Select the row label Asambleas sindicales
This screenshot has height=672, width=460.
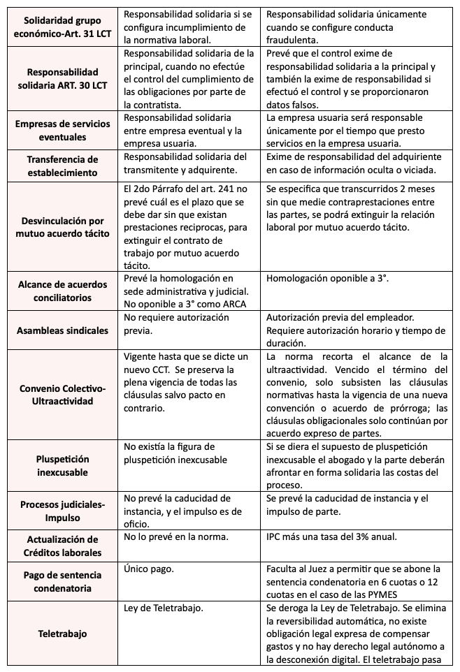(x=62, y=330)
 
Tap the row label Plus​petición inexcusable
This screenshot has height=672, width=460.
(x=63, y=465)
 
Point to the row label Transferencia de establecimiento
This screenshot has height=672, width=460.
(x=62, y=166)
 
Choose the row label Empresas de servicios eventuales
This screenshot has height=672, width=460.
(x=62, y=131)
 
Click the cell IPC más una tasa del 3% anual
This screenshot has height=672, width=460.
(x=333, y=538)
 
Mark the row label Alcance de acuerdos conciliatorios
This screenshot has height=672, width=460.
(x=62, y=290)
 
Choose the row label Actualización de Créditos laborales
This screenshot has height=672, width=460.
(x=62, y=546)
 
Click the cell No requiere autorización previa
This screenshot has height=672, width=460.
(x=175, y=323)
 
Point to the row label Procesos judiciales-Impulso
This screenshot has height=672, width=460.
(x=62, y=510)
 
